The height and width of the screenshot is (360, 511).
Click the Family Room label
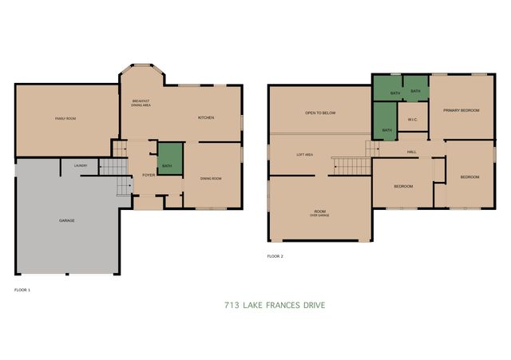65,118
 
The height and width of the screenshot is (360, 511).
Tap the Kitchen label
206,118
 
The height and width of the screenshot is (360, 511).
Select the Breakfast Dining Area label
141,103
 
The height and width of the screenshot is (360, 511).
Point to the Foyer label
149,174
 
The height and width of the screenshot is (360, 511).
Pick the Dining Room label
211,179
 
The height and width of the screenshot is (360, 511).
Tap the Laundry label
81,166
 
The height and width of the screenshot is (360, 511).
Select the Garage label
67,220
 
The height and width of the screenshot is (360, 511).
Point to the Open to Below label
320,113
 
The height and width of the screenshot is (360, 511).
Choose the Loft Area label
305,155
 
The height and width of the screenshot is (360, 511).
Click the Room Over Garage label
319,213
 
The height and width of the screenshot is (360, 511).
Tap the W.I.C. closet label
413,121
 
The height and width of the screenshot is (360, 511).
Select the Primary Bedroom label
461,110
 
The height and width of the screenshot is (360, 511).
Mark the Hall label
412,151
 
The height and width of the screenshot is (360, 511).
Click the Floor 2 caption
275,256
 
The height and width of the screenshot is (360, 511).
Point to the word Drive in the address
315,306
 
